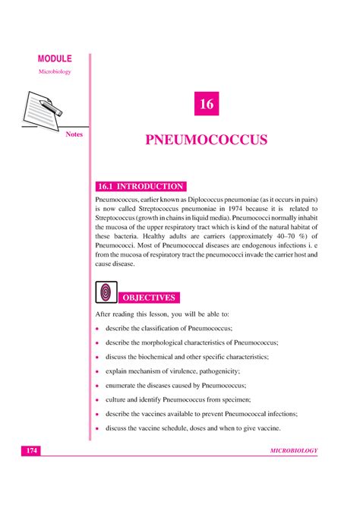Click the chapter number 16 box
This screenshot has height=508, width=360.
point(206,105)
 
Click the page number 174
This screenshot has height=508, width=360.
point(30,451)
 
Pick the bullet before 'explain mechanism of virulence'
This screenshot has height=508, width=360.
point(98,371)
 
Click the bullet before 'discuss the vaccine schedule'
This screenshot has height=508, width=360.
point(98,428)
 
